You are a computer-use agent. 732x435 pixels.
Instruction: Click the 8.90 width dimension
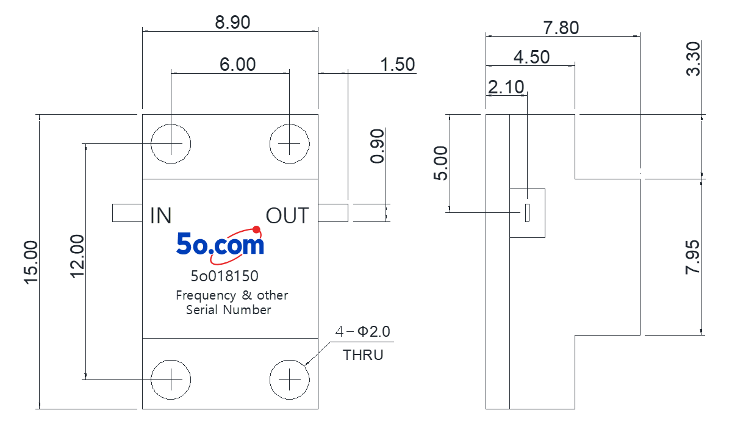[232, 23]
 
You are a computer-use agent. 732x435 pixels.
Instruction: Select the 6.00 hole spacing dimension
[237, 65]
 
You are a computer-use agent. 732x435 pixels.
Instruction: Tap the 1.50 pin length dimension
[397, 65]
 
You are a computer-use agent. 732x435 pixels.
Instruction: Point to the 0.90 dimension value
[377, 146]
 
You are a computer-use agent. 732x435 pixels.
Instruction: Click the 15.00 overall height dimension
[31, 262]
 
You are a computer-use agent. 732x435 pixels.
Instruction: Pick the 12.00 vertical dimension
[77, 257]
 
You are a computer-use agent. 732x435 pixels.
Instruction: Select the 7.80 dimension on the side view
[561, 28]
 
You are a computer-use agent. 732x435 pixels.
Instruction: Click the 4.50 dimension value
[532, 57]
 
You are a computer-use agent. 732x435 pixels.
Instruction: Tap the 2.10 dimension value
[506, 87]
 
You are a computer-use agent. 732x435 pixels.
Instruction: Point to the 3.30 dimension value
[693, 59]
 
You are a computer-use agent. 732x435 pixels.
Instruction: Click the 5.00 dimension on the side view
[440, 163]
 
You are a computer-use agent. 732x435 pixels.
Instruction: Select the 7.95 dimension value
[692, 257]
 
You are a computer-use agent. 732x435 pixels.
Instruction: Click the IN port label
[161, 216]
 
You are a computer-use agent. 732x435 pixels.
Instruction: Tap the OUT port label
[287, 216]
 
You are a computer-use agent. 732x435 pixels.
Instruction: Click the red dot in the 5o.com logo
[257, 229]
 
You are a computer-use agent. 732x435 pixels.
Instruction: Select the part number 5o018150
[224, 276]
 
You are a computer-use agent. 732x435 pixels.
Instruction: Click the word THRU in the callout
[363, 355]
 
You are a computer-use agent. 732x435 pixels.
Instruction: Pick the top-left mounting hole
[171, 144]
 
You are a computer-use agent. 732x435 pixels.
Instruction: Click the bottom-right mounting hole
[290, 379]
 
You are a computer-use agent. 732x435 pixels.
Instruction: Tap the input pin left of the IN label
[127, 213]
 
